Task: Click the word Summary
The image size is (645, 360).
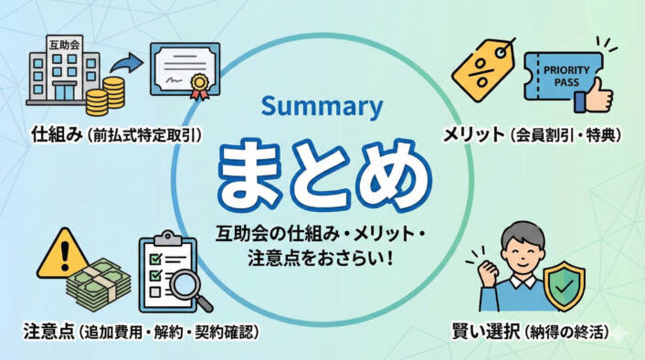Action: click(x=321, y=106)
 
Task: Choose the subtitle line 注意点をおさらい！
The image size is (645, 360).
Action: click(x=321, y=259)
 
